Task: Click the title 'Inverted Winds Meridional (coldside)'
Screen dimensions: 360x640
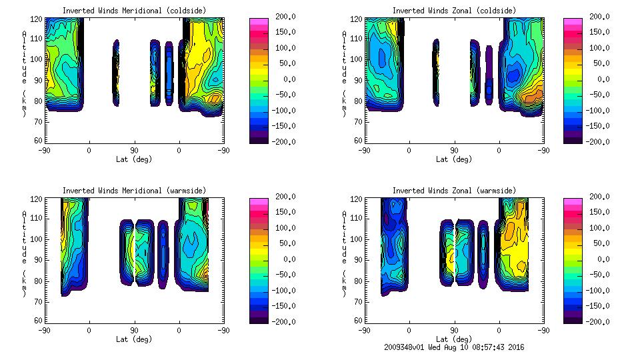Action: (134, 11)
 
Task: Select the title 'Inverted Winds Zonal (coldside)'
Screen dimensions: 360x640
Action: (454, 11)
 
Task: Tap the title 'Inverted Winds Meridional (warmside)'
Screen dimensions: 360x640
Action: (134, 191)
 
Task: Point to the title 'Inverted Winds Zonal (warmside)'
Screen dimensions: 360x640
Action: (454, 191)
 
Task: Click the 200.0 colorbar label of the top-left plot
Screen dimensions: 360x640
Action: (284, 16)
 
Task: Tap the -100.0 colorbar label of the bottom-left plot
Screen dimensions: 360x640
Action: (284, 291)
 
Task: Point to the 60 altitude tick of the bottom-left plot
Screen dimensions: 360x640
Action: (39, 321)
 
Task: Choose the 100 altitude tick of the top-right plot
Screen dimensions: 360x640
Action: (357, 59)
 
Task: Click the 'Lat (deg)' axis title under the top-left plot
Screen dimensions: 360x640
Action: (134, 159)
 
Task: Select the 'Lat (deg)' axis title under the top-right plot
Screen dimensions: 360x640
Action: (454, 159)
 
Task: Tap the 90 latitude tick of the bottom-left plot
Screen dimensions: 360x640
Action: (134, 330)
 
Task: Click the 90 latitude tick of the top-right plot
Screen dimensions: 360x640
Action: (454, 150)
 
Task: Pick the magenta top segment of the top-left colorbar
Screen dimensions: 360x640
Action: (259, 21)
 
